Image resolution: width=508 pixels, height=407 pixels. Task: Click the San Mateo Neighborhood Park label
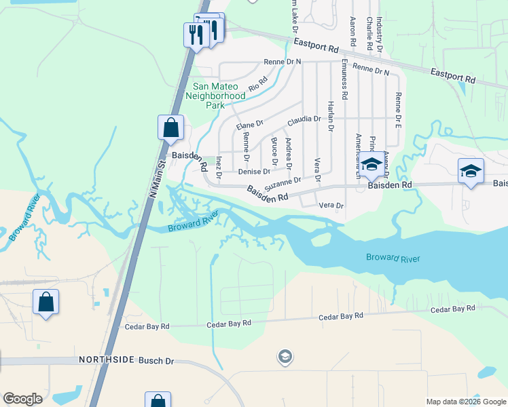[x=219, y=96]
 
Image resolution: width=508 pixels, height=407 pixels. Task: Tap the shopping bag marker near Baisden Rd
[x=171, y=128]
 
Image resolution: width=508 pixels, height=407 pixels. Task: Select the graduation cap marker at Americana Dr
[x=371, y=165]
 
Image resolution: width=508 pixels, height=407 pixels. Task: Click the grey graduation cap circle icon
[x=285, y=356]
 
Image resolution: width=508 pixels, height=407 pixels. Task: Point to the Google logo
[x=22, y=399]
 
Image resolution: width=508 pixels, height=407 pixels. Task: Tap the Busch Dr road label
[x=153, y=360]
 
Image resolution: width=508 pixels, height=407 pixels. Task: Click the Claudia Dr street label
[x=304, y=119]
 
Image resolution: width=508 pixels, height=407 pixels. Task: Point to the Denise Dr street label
[x=253, y=172]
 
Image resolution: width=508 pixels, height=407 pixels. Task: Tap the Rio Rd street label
[x=258, y=83]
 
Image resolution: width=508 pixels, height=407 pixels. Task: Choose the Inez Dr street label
[x=219, y=167]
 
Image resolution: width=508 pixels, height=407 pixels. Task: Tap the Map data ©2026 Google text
[x=465, y=402]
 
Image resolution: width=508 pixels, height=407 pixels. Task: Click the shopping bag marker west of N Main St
[x=46, y=303]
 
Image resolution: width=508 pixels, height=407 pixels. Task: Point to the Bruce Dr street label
[x=274, y=151]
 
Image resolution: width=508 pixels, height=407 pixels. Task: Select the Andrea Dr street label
[x=289, y=153]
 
